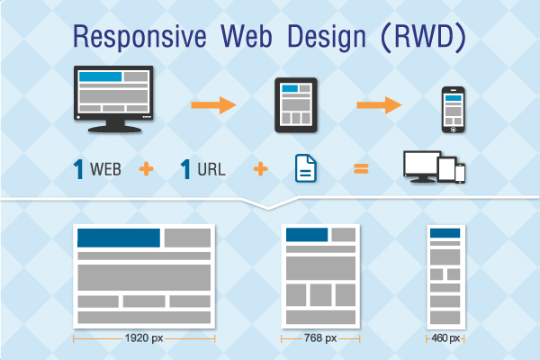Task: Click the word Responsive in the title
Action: [139, 37]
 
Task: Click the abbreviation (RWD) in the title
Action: [424, 37]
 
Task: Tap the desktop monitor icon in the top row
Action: [113, 99]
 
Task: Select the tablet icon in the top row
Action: [296, 105]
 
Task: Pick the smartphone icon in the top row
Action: [454, 110]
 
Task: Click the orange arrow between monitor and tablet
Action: [214, 105]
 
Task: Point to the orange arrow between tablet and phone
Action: [379, 105]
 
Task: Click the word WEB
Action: [105, 169]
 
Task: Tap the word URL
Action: [211, 169]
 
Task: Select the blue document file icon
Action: [306, 168]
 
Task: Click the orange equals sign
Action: [361, 169]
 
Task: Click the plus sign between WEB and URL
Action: [147, 169]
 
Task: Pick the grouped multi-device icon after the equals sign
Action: [435, 166]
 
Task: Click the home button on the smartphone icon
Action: [454, 130]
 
